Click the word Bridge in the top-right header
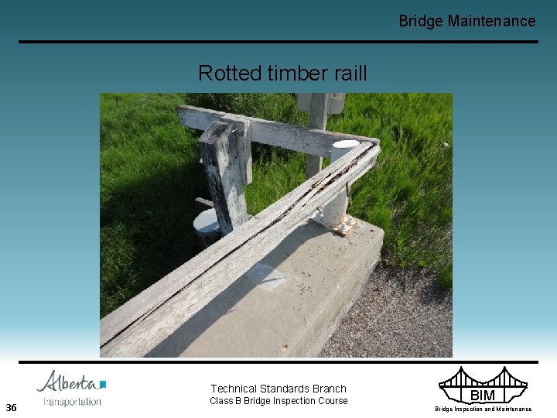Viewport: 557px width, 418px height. [x=421, y=21]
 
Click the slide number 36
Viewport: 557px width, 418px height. [x=11, y=407]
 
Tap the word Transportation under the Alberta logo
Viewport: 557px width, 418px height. [x=72, y=402]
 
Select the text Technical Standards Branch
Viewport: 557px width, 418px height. [x=278, y=389]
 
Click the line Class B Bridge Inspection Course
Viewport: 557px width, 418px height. [x=278, y=401]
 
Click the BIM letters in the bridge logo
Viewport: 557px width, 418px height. [x=483, y=396]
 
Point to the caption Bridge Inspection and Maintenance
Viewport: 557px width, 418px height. [x=483, y=409]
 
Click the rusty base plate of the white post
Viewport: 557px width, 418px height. [x=334, y=225]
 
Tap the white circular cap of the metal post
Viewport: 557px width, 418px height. [x=345, y=145]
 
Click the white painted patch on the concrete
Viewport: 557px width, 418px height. [x=267, y=276]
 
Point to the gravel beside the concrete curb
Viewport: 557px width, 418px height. [x=402, y=310]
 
